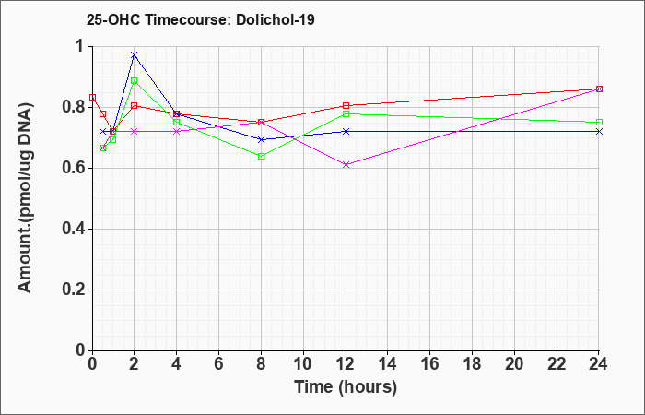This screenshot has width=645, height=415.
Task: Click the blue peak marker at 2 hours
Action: (135, 54)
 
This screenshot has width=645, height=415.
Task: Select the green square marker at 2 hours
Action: (135, 81)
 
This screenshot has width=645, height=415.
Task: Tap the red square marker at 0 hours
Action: (92, 97)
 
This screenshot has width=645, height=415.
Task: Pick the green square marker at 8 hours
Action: (261, 157)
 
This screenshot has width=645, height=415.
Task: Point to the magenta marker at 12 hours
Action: (346, 165)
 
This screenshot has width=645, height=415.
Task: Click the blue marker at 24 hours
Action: (599, 131)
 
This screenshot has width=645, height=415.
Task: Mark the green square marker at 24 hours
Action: (599, 123)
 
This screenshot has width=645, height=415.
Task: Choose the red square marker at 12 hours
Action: (346, 106)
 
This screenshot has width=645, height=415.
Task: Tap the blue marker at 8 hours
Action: (261, 140)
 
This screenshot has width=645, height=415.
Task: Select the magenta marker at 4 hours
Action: (177, 131)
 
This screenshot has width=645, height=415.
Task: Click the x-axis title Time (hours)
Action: (346, 387)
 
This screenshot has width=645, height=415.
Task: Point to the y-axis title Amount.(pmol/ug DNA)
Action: (26, 197)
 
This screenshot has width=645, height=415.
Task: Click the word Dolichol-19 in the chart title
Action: (276, 19)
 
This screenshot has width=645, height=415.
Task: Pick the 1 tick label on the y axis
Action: (81, 46)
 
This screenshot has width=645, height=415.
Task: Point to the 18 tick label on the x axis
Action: (472, 364)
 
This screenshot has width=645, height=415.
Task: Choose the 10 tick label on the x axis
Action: (303, 364)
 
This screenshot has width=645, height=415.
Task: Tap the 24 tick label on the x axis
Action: (599, 364)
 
